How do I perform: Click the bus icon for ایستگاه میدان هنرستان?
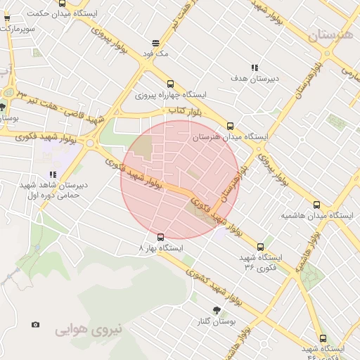(229, 127)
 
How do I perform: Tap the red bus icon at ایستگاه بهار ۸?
(161, 236)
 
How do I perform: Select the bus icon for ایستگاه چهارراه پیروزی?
(169, 84)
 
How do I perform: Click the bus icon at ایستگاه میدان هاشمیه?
(316, 205)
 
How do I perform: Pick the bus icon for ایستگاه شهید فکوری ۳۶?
(260, 247)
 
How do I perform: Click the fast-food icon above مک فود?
(155, 44)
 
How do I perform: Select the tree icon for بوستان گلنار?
(217, 310)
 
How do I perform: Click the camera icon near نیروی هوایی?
(36, 325)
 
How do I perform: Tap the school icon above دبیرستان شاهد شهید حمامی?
(52, 174)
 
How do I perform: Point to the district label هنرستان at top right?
(332, 34)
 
